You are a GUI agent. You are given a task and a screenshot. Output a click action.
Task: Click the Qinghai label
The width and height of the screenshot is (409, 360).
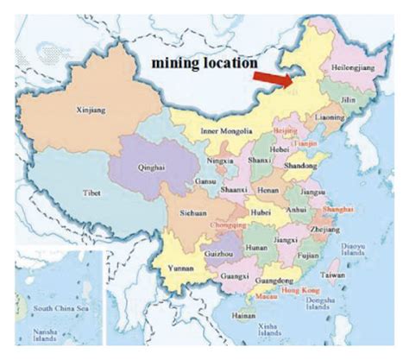(155, 171)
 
